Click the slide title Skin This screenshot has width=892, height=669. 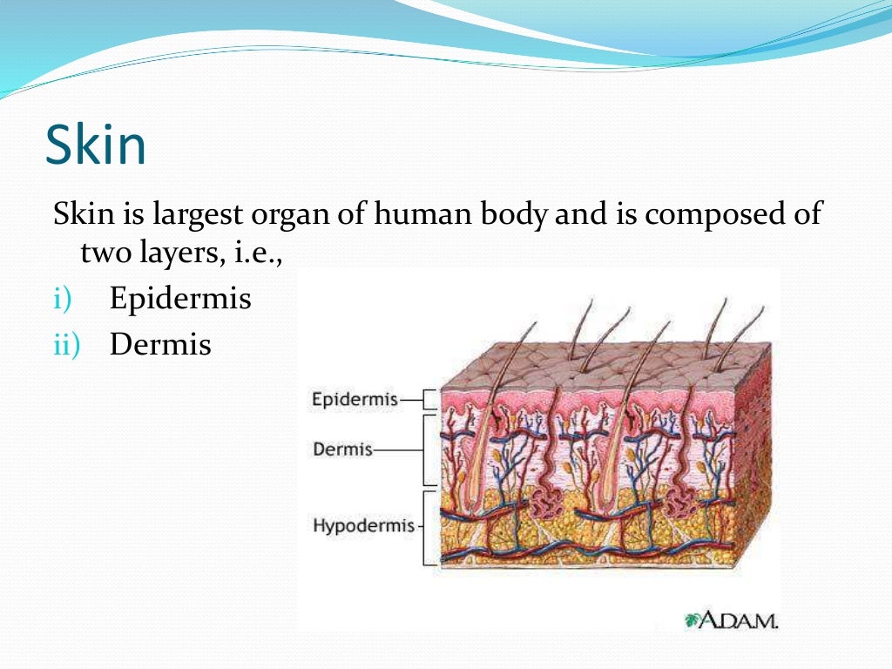click(x=96, y=145)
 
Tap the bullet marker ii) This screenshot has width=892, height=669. click(x=65, y=344)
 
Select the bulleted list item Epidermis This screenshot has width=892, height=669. click(x=180, y=301)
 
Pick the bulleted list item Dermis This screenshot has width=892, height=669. click(x=160, y=344)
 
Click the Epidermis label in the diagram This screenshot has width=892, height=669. click(x=355, y=400)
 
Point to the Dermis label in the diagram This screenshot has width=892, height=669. click(x=342, y=450)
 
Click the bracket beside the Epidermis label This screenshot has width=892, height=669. click(x=429, y=400)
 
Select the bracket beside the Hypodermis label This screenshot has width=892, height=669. click(x=429, y=527)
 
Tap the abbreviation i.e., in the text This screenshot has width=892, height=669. click(x=260, y=255)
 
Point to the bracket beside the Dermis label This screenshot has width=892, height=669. click(x=429, y=450)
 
